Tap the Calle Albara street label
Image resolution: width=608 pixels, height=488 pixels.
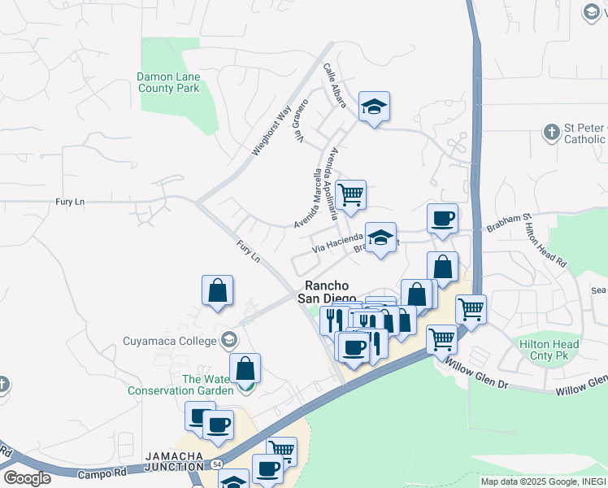pyautogui.click(x=335, y=85)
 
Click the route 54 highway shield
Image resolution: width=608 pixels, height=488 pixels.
pyautogui.click(x=217, y=463)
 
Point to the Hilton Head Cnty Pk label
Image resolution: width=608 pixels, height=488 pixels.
pyautogui.click(x=549, y=350)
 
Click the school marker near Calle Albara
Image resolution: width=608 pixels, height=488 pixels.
pyautogui.click(x=374, y=107)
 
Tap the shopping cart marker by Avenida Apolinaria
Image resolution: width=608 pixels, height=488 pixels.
pyautogui.click(x=350, y=195)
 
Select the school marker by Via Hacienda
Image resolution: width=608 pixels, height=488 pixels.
pyautogui.click(x=380, y=237)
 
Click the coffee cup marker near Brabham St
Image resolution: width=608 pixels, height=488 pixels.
pyautogui.click(x=442, y=219)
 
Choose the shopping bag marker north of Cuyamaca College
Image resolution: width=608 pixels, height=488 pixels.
pyautogui.click(x=218, y=290)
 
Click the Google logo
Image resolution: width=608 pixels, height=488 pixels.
pyautogui.click(x=28, y=478)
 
